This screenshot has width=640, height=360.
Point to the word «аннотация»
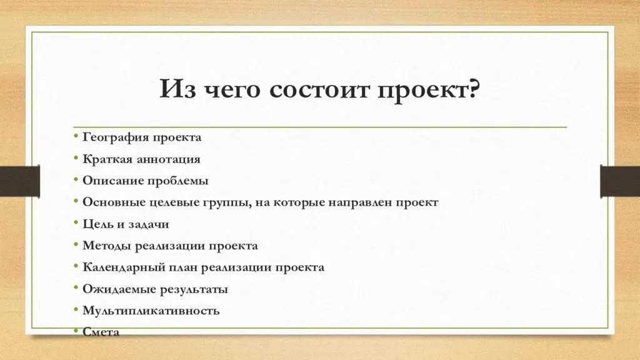point(168,159)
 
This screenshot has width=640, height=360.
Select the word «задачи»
point(149,224)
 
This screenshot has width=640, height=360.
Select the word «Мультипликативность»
point(151,311)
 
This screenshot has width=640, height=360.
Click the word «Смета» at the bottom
point(101,332)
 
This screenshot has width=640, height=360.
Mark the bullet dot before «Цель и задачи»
point(76,222)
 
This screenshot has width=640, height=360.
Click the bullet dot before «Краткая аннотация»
point(76,157)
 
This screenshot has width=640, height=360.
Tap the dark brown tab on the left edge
point(20,181)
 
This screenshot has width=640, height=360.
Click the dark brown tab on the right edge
point(620,181)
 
